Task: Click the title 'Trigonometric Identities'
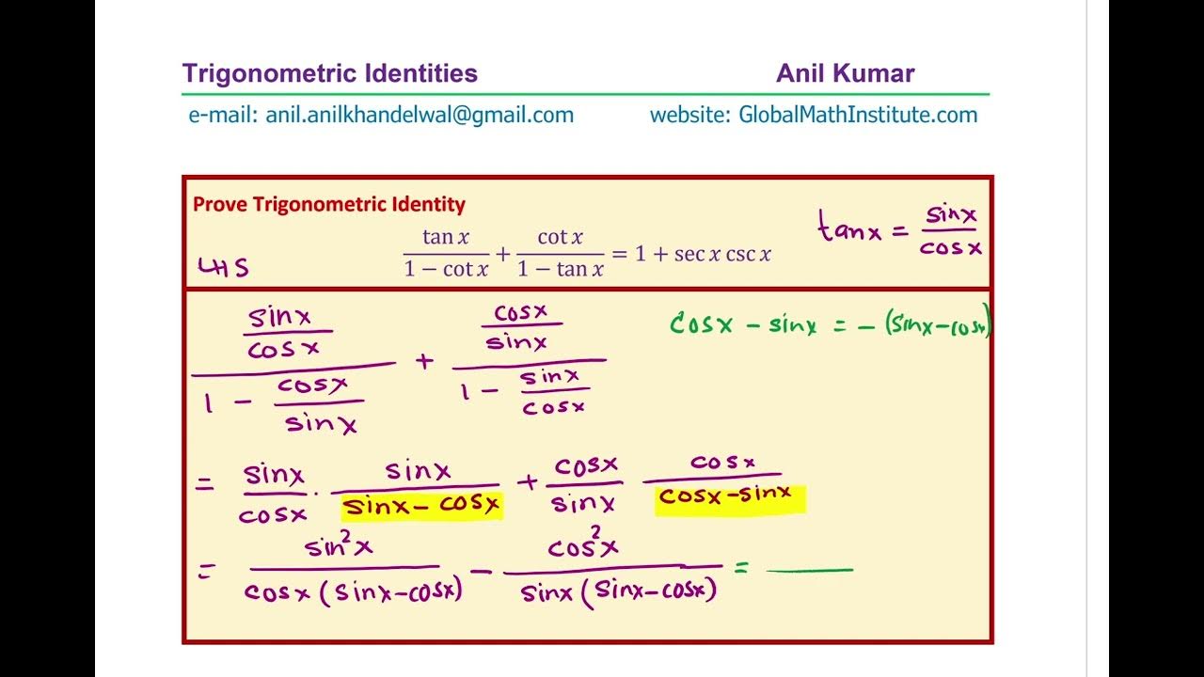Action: [x=329, y=73]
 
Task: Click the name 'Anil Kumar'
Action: [x=845, y=73]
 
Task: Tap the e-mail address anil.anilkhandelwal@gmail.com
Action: [x=420, y=115]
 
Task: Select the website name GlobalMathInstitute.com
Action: [x=858, y=115]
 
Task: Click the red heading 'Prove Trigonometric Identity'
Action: [x=329, y=204]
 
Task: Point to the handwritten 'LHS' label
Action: [x=224, y=268]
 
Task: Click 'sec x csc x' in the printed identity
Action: [x=722, y=254]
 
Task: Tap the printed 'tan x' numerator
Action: [x=445, y=237]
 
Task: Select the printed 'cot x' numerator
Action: [x=560, y=237]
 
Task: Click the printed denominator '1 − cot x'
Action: [x=446, y=269]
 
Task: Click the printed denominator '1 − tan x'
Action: [x=560, y=269]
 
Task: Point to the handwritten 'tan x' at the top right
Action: [x=849, y=229]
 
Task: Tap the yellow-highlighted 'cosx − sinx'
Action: [x=730, y=496]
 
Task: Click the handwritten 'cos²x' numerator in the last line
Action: [x=583, y=547]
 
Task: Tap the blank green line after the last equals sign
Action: [x=809, y=569]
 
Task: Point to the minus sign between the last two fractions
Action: [x=482, y=571]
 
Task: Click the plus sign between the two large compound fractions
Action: [x=425, y=361]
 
